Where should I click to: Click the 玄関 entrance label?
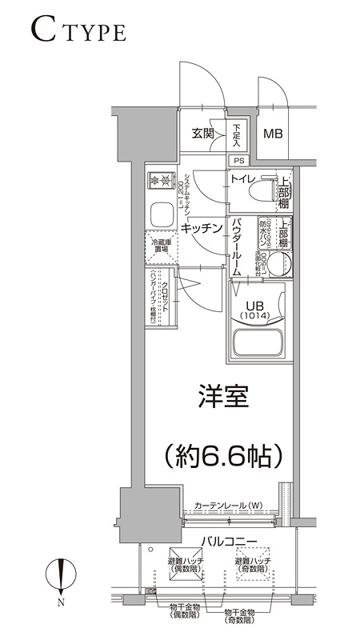click(202, 134)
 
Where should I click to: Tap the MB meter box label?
click(274, 134)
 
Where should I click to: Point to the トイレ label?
click(243, 178)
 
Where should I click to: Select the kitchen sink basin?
click(161, 214)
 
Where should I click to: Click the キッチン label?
click(200, 228)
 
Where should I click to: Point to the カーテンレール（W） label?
click(228, 506)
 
